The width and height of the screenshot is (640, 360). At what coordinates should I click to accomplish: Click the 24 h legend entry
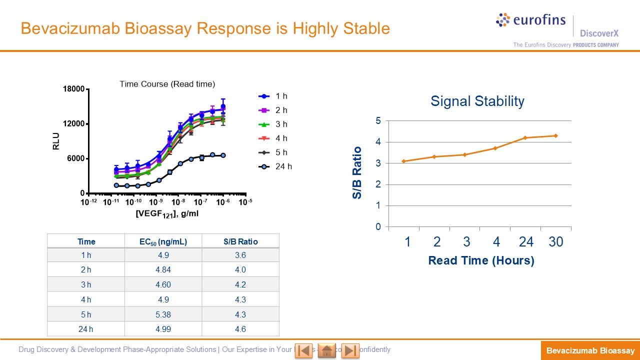tap(275, 166)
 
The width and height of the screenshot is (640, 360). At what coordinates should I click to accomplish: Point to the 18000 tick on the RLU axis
tap(73, 89)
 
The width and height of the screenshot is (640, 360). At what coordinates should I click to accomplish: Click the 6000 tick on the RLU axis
tap(75, 158)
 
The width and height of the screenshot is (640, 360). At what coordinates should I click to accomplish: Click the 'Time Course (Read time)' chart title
tap(167, 84)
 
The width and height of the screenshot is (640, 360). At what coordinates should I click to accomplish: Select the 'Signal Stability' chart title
tap(477, 101)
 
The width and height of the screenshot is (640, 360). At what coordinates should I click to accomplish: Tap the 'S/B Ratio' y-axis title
tap(357, 172)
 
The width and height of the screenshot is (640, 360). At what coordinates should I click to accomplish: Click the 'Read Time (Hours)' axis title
tap(481, 260)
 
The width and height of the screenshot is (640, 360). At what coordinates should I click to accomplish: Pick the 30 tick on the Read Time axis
tap(555, 242)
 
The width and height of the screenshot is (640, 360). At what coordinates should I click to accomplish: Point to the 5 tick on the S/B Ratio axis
tap(378, 121)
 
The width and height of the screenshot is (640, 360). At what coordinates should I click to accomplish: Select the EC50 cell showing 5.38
tap(163, 314)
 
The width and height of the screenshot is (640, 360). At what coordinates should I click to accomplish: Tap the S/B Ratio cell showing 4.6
tap(240, 329)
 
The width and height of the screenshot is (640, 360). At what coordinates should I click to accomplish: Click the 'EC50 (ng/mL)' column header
tap(163, 241)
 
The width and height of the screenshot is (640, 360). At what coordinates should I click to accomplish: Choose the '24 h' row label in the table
tap(86, 329)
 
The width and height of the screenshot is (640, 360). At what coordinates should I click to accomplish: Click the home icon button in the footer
tap(326, 350)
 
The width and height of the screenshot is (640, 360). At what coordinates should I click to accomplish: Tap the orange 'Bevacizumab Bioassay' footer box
tap(590, 350)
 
